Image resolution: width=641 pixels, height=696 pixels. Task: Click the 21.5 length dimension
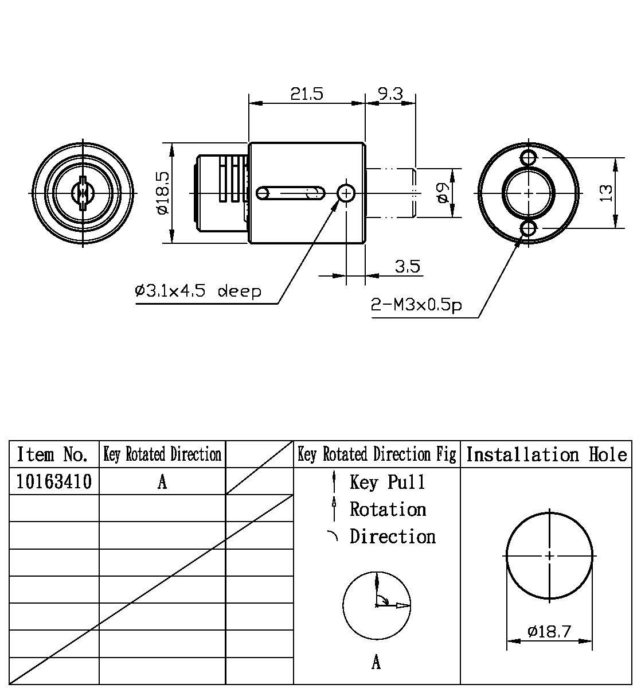click(306, 94)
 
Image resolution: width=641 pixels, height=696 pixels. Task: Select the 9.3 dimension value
click(390, 94)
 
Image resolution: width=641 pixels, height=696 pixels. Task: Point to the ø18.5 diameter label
click(162, 192)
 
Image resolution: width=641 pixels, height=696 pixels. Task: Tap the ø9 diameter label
click(441, 193)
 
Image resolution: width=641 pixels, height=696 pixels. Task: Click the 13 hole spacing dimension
click(606, 192)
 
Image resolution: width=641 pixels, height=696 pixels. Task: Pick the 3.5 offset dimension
click(407, 266)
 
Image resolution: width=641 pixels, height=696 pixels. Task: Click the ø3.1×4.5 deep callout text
click(198, 291)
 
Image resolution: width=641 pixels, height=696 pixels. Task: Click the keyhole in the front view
click(83, 193)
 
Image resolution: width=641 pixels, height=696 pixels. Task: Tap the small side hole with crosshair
click(346, 193)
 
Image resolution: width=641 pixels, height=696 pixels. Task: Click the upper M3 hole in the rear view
click(528, 157)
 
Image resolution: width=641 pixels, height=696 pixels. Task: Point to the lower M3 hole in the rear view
click(528, 229)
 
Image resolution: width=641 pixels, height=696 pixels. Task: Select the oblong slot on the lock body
click(291, 193)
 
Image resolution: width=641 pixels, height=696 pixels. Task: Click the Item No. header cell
click(53, 454)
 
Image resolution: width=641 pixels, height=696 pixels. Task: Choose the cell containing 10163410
click(53, 481)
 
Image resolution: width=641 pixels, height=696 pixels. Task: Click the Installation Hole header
click(546, 454)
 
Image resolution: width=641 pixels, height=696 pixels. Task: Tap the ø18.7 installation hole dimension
click(549, 632)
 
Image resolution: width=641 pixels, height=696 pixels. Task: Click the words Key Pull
click(388, 482)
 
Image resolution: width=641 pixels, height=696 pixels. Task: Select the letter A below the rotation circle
click(376, 663)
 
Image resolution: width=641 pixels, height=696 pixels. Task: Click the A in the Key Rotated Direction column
click(162, 482)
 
